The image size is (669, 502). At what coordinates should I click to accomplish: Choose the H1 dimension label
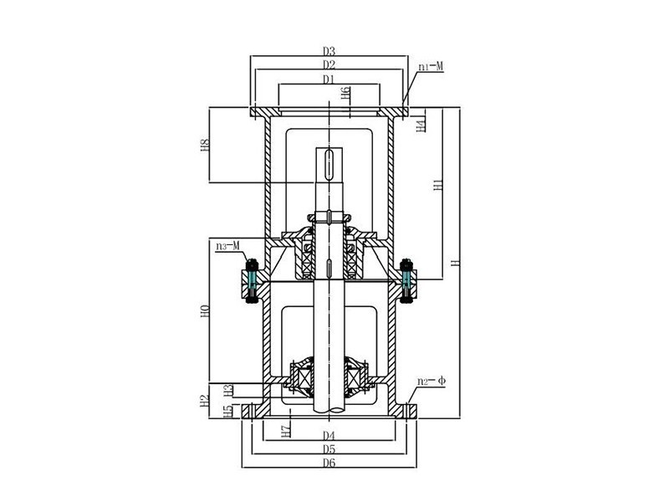coord(438,187)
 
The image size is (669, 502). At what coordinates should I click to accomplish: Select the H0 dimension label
coord(204,313)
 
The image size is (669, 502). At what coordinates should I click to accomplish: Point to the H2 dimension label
coord(204,400)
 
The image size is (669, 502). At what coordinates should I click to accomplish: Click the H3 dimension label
coord(227,390)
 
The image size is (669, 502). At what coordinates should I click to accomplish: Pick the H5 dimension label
coord(227,410)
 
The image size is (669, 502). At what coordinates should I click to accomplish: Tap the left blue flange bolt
coord(250,280)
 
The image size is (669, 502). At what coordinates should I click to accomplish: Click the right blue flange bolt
coord(406,280)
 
